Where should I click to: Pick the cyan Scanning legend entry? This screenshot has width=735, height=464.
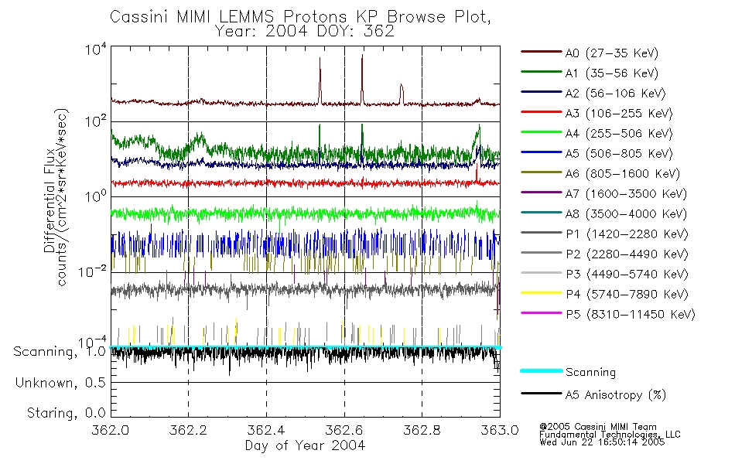click(x=590, y=372)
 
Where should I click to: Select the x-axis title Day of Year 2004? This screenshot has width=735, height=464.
click(x=305, y=445)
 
